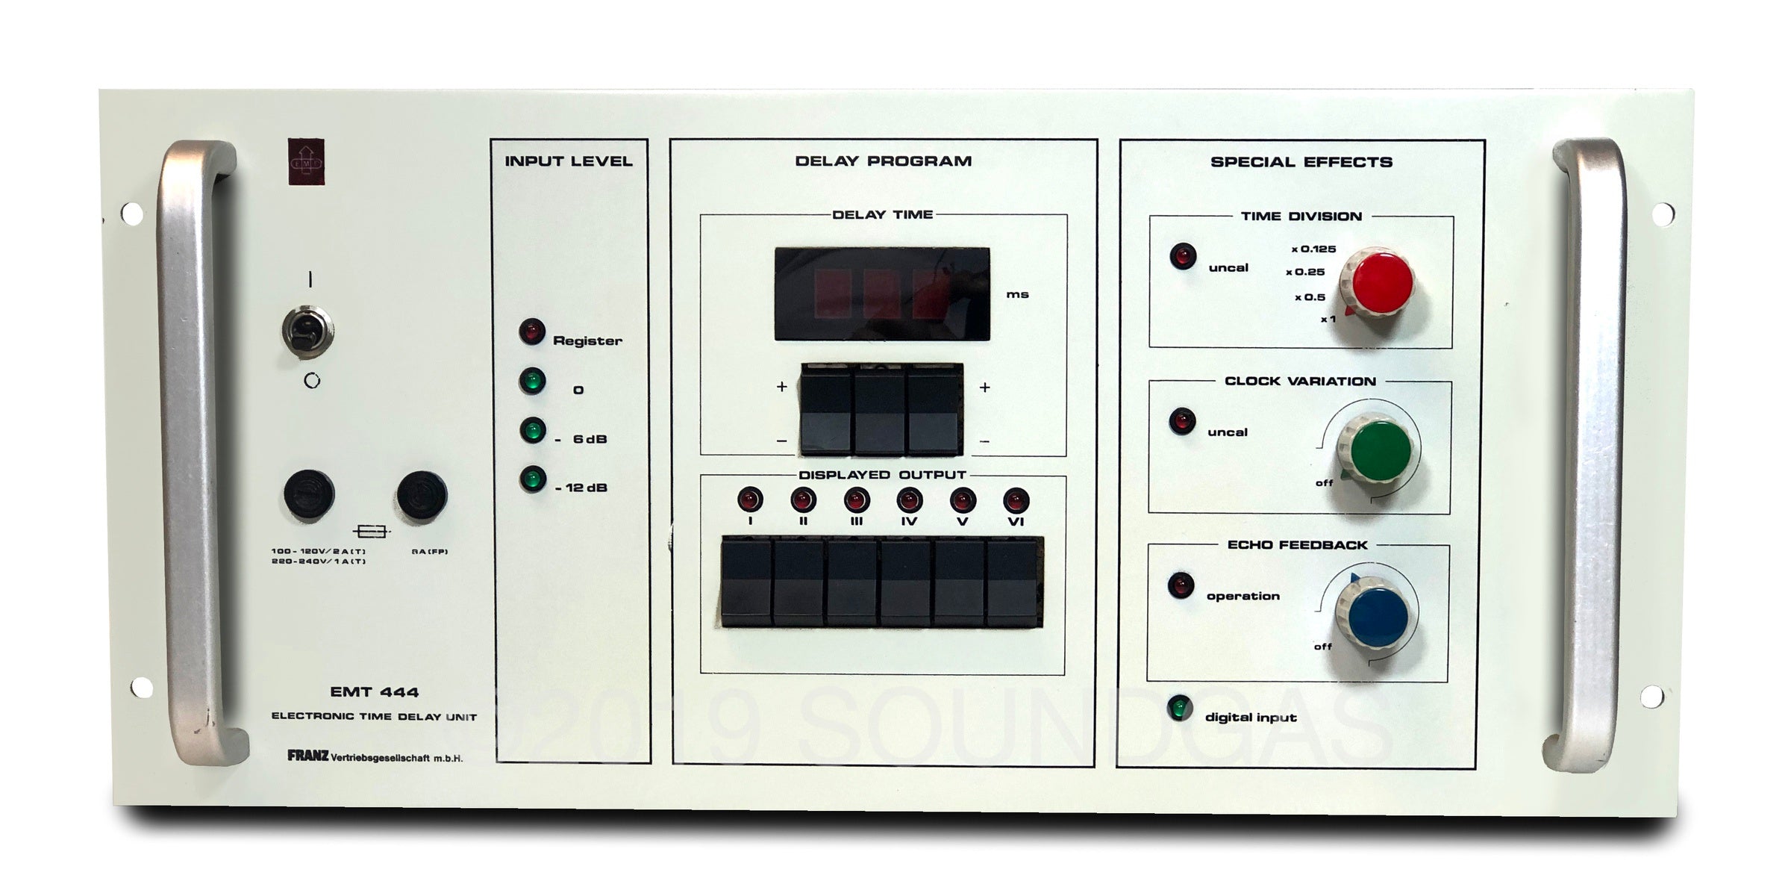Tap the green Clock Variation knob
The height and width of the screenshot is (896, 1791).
click(1381, 448)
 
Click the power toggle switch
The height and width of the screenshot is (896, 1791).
click(307, 330)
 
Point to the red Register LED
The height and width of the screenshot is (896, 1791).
click(532, 332)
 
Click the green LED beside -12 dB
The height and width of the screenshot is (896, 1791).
click(533, 479)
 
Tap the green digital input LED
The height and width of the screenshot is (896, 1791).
click(1180, 708)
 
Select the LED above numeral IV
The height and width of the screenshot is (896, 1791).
click(909, 499)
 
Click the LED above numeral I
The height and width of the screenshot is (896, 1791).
click(749, 499)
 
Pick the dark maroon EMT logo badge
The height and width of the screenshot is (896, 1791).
click(307, 161)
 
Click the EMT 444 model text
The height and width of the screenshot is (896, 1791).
click(374, 692)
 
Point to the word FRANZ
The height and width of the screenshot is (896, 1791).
click(307, 756)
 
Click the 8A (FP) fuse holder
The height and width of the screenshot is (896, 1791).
click(422, 494)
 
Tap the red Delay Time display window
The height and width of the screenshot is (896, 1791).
click(882, 294)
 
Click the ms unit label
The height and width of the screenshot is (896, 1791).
click(1017, 295)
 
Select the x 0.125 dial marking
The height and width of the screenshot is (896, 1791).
click(1313, 249)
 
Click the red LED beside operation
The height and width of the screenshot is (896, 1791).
click(1181, 585)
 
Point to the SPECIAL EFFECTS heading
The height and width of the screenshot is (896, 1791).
click(1301, 162)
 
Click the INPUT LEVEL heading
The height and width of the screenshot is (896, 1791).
click(568, 161)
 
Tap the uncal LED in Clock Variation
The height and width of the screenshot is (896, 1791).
click(1182, 420)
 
